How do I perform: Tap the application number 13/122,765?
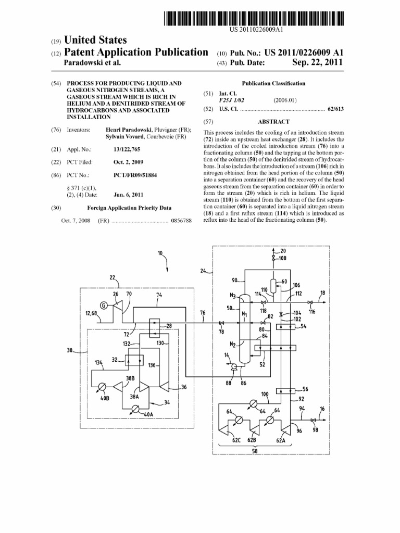click(x=127, y=149)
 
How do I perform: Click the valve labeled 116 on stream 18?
click(x=311, y=303)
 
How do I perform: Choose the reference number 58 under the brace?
click(x=255, y=451)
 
